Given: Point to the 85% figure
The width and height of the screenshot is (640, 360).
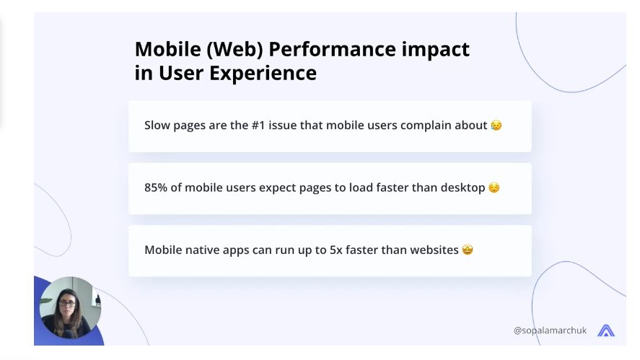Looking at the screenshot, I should coord(156,188).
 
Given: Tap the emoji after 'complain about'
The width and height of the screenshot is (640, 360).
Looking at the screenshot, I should coord(496,125).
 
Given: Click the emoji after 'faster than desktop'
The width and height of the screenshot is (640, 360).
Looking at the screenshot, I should coord(494,188).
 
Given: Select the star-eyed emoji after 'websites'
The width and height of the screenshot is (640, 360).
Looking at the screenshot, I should coord(468,250).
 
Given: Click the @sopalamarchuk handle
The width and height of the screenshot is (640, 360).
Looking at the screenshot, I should coord(550,330).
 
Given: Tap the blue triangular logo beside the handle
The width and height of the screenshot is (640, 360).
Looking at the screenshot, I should coord(606,330).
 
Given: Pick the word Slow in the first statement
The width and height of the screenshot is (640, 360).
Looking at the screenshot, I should coord(157,125).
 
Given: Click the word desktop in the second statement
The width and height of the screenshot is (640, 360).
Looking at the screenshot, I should coord(463,188).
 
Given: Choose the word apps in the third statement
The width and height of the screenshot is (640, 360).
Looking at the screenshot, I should coord(236,251).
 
